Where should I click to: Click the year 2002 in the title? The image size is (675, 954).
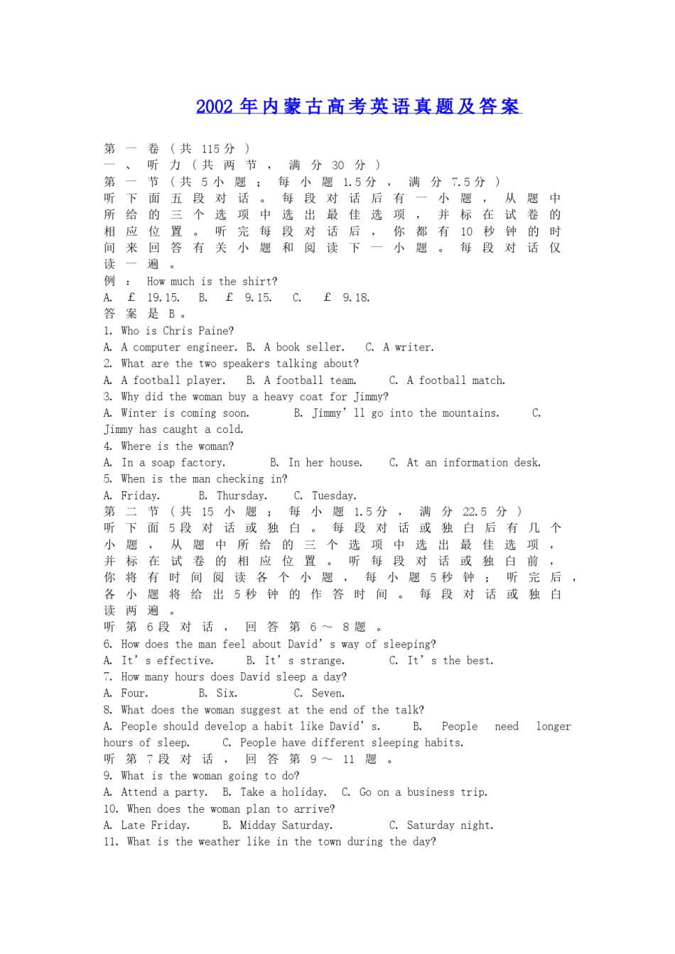pos(215,106)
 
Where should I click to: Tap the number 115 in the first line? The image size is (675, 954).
pos(210,149)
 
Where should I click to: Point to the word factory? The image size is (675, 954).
pos(202,463)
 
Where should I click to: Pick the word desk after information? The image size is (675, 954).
pos(527,463)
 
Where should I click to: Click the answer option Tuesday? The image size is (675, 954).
pos(333,495)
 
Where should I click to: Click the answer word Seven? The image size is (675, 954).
pos(328,693)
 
